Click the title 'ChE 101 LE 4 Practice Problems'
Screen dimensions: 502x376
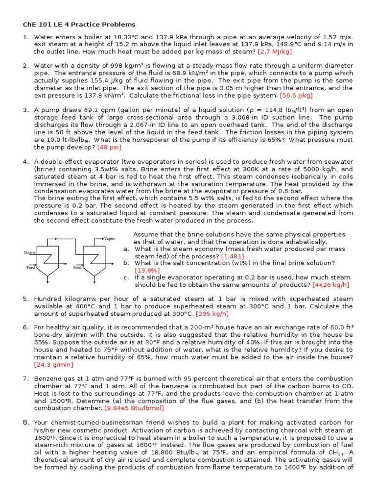(x=80, y=25)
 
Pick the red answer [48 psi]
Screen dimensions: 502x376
(x=109, y=147)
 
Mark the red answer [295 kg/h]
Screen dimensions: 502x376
(x=212, y=314)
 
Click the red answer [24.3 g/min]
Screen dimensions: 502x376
(x=54, y=364)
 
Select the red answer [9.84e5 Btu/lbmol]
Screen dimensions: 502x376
(x=134, y=408)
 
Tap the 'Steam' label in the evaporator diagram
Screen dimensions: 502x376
(x=29, y=252)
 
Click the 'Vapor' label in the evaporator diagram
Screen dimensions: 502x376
(x=109, y=238)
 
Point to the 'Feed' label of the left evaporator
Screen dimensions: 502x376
(x=30, y=268)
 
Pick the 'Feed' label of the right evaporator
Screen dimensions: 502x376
(x=77, y=268)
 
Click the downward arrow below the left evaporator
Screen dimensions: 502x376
(x=47, y=281)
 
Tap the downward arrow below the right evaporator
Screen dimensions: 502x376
(x=94, y=281)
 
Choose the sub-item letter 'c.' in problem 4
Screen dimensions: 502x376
(x=126, y=277)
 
